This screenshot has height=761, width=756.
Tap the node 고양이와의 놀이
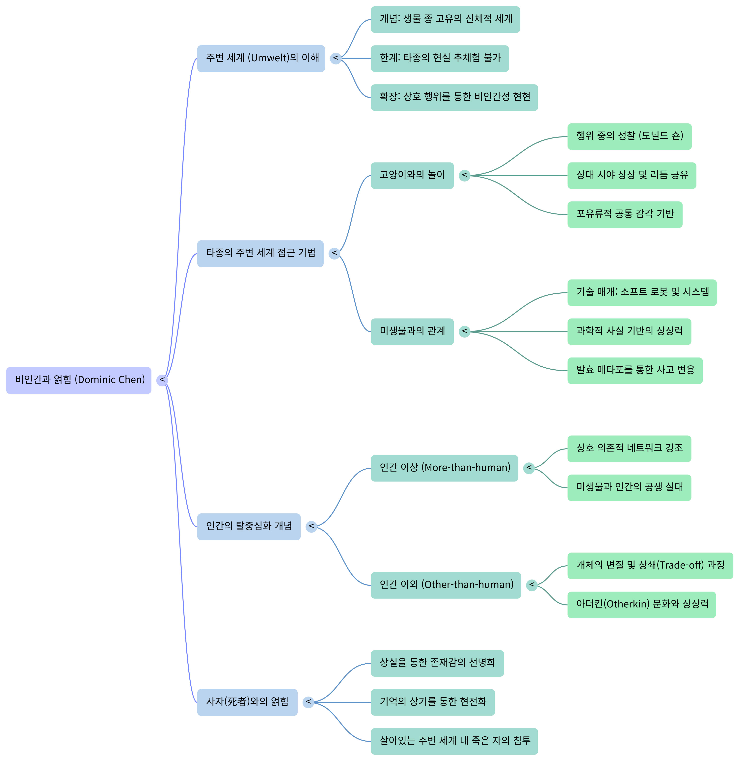click(412, 175)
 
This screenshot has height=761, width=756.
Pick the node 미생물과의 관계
click(412, 331)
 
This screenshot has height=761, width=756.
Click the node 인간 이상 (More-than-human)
click(444, 468)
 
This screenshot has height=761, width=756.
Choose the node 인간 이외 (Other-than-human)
click(446, 585)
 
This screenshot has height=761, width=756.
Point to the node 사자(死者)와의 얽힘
click(247, 702)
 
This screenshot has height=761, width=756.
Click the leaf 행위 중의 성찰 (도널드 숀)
click(629, 136)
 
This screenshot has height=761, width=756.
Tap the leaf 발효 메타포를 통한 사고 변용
click(634, 370)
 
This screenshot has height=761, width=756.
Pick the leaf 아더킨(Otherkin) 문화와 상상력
click(641, 604)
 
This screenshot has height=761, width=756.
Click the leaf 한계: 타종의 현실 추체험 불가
click(440, 58)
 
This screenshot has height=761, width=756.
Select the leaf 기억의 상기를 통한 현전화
click(432, 702)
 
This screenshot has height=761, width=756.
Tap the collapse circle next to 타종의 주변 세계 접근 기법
click(334, 253)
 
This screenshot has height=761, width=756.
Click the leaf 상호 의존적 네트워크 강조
click(629, 448)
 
